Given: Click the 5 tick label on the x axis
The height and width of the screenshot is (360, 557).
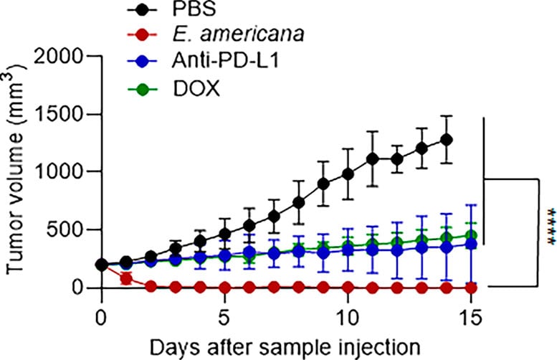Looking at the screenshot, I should tap(224, 316).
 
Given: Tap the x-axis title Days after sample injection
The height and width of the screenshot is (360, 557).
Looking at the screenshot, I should tap(285, 345).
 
